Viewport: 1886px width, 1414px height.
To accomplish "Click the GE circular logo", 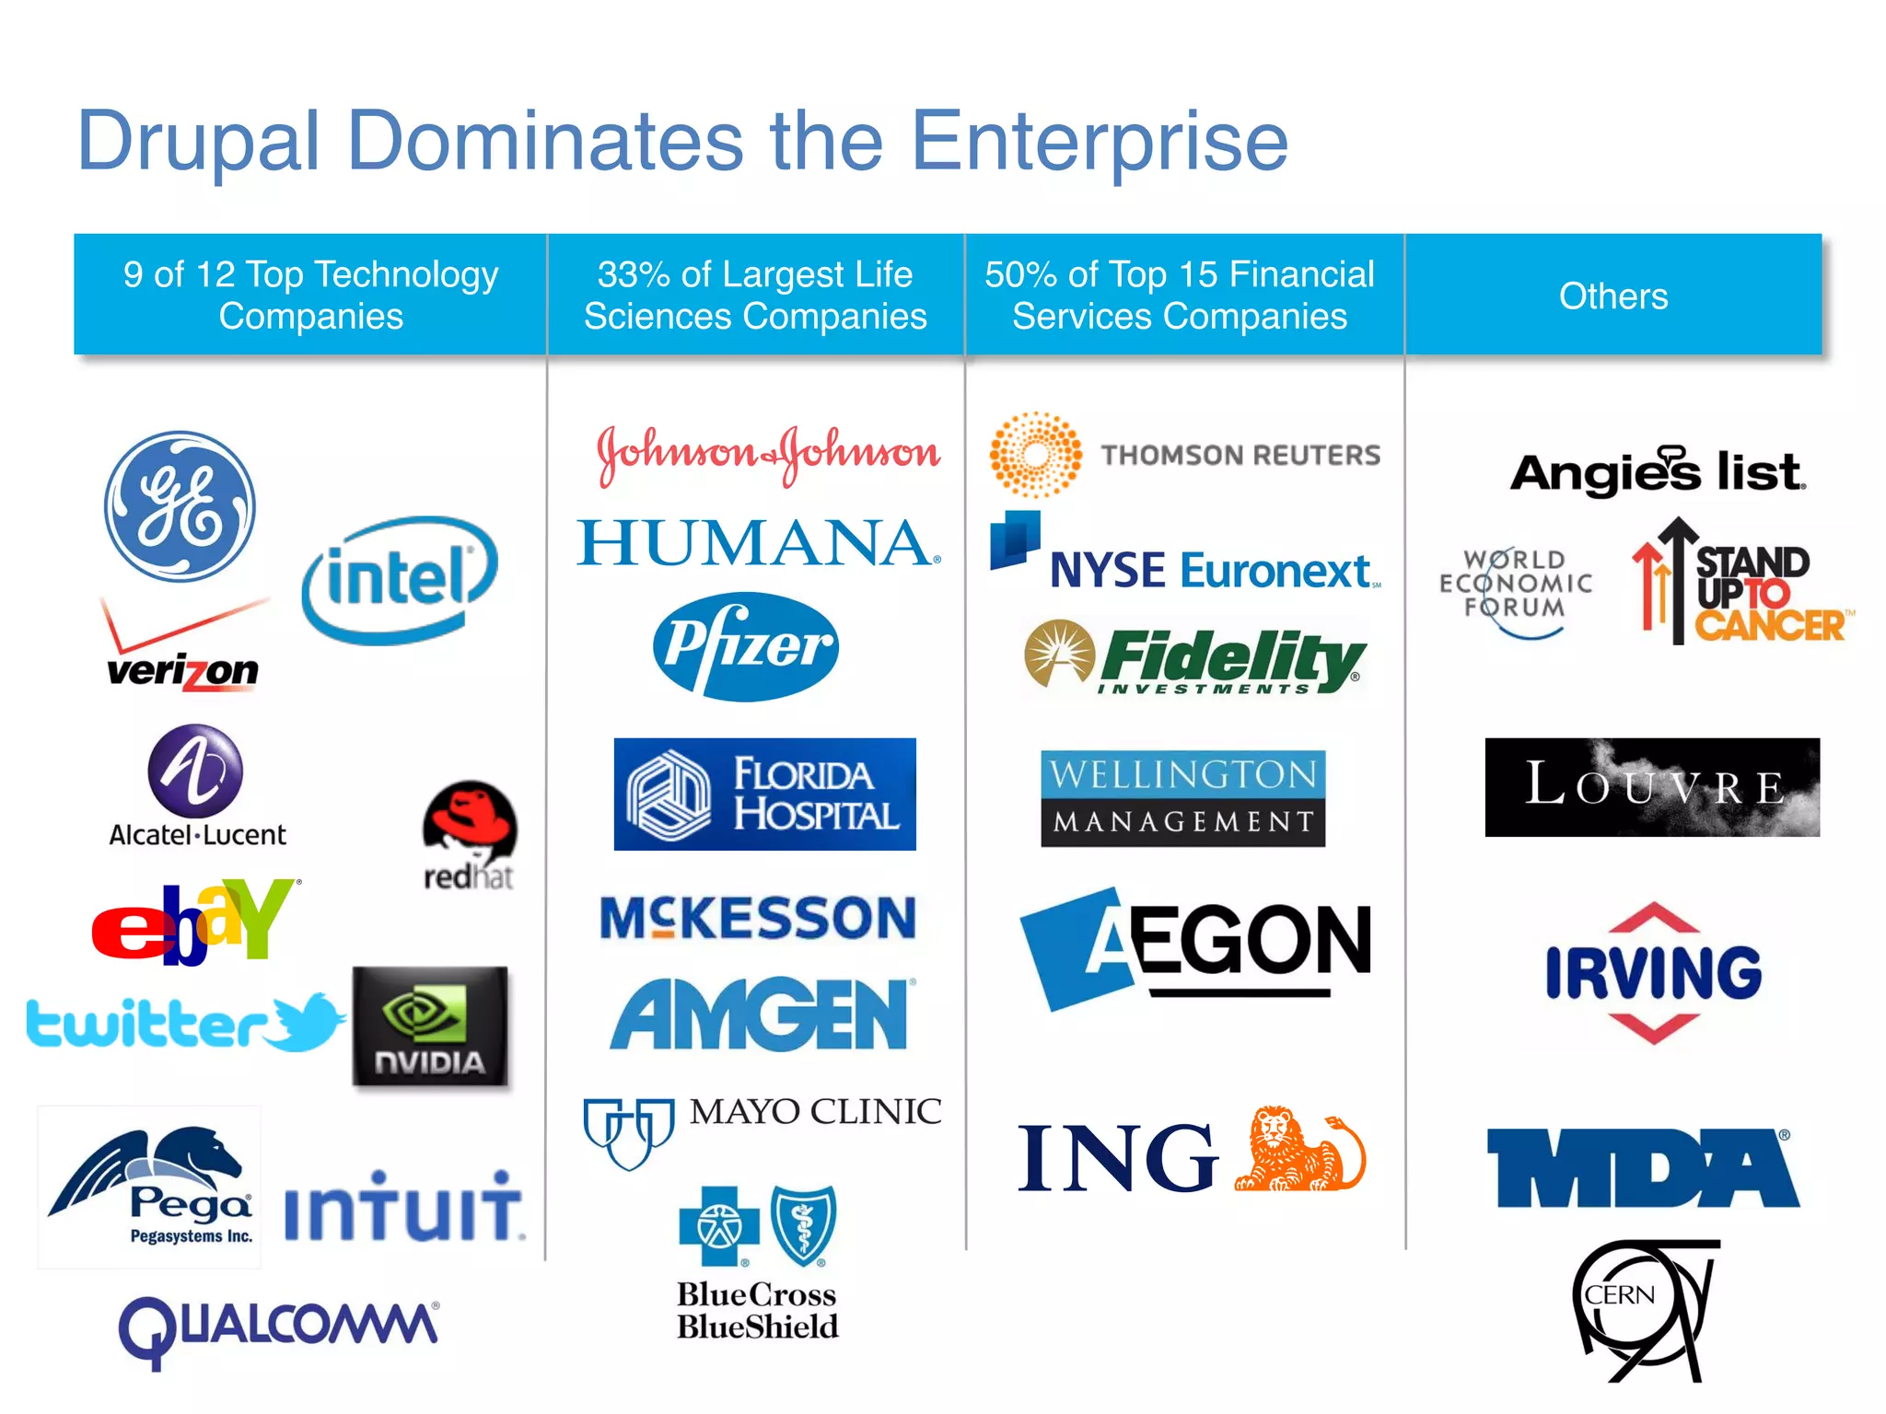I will (x=180, y=506).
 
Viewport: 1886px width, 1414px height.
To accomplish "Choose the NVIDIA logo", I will (x=430, y=1026).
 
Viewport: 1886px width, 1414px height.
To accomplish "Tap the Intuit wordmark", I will (x=402, y=1207).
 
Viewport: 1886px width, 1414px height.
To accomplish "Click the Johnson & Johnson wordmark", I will (x=768, y=453).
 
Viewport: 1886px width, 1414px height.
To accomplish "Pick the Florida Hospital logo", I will (x=764, y=794).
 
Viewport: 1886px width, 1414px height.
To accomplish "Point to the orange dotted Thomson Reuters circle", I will (x=1036, y=454).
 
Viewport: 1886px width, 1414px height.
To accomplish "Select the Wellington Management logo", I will (x=1182, y=798).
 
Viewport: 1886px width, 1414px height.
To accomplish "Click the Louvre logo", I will (x=1652, y=787).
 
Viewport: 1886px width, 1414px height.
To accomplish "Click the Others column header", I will (x=1613, y=296).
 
